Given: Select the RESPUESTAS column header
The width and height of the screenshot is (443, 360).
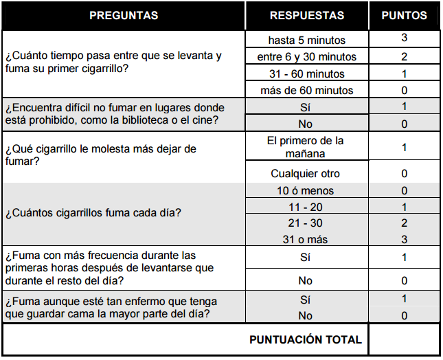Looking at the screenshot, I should coord(307,15).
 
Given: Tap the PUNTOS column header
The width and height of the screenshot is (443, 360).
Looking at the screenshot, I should coord(404,15).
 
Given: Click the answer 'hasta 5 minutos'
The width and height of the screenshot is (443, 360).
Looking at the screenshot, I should coord(307,40).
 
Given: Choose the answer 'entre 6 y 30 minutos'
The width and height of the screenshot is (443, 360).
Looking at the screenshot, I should coord(307,57).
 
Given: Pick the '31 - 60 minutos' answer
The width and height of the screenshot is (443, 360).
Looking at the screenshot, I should coord(307,74).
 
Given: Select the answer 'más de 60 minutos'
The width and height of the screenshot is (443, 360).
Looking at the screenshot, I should coord(307,90).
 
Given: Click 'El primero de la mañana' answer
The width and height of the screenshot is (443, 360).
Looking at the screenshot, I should coord(307,147).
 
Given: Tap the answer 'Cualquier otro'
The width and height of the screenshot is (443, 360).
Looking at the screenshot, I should coord(306,174).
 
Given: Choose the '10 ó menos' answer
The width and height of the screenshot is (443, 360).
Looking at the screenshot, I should coord(306,190).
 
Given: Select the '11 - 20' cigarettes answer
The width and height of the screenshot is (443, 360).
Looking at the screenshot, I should coord(306,207).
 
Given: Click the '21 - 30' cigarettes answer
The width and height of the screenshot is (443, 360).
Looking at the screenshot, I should coord(306,223).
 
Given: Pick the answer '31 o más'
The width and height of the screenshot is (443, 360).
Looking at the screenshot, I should coord(306,240).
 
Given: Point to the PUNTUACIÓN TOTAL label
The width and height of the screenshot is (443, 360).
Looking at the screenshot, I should coord(305,339).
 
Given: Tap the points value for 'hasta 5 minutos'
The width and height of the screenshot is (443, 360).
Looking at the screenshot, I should coord(405,38).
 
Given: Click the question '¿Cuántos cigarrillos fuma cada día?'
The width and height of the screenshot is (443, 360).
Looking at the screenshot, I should coord(93,212).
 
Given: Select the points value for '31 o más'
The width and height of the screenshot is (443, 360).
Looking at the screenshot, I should coord(405,240).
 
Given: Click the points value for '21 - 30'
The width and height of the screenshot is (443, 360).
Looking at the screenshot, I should coord(405,223).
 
